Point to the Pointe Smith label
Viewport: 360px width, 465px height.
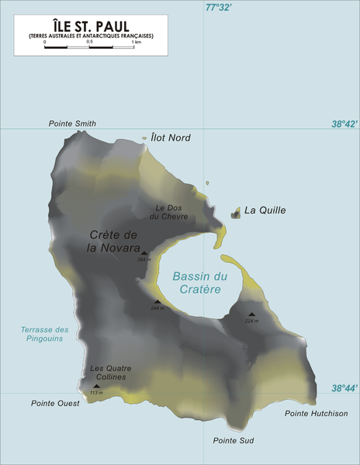click(72, 123)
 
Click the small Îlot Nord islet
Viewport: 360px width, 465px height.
click(145, 140)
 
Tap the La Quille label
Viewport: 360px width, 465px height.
click(265, 210)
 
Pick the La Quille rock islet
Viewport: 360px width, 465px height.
click(236, 211)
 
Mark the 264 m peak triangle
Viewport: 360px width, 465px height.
click(144, 253)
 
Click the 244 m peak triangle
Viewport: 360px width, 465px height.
click(157, 302)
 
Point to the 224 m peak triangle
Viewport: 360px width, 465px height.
click(251, 314)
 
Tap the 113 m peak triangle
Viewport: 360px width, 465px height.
click(96, 386)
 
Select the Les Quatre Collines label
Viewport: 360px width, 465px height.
click(110, 373)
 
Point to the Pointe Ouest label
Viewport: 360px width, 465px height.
click(55, 404)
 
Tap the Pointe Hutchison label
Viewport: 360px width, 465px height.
click(317, 414)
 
